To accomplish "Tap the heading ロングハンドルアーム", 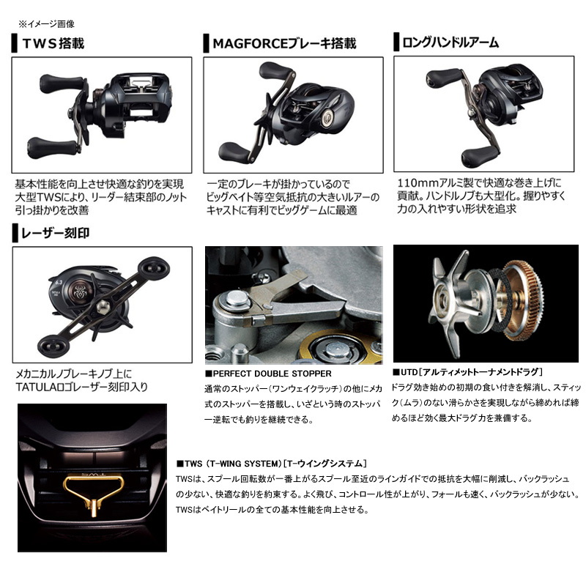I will pos(450,42).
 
